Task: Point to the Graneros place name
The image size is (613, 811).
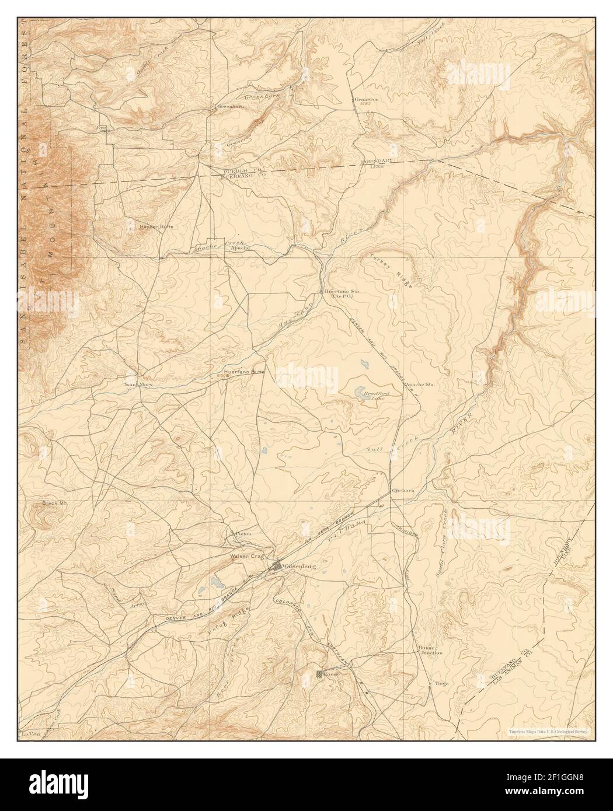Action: tap(367, 99)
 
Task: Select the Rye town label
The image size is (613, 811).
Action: tap(100, 127)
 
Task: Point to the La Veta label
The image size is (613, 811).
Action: tap(26, 733)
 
